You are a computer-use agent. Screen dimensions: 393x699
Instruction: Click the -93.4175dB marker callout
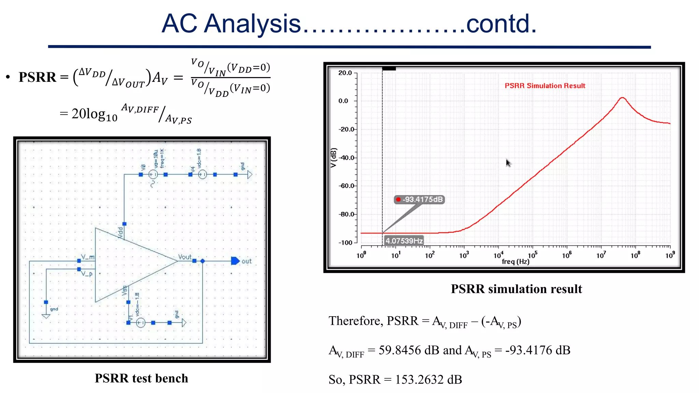419,200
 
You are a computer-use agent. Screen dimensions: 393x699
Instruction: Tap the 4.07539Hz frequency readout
404,241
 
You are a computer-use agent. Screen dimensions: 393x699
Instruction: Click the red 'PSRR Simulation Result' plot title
545,86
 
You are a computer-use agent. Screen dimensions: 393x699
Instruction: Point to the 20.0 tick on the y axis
345,73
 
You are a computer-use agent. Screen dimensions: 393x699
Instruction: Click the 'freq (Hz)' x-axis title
515,262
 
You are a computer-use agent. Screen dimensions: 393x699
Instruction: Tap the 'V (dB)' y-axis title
334,158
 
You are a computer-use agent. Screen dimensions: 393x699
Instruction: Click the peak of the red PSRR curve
623,98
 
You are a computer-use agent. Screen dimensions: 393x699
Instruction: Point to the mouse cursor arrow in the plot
508,163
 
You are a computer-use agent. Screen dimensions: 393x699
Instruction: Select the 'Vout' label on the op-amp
185,257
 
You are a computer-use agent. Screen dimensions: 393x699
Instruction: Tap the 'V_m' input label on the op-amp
87,257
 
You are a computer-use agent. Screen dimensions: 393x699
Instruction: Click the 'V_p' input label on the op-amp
87,274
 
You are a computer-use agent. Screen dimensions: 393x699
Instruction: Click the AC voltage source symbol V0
153,175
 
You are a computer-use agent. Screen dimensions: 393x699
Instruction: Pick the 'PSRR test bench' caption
141,378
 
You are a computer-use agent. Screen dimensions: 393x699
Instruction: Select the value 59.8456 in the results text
399,350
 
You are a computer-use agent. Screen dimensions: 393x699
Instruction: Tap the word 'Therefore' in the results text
355,321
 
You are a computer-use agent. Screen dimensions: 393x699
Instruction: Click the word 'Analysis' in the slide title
252,24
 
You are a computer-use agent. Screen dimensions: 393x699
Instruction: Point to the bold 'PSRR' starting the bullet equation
37,77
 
